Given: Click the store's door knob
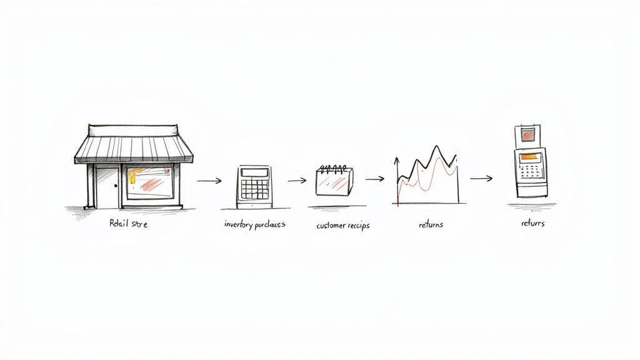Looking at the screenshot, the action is point(116,185).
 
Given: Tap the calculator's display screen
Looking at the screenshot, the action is point(253,172).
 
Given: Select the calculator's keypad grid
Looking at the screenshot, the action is point(253,188).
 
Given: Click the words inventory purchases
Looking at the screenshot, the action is point(254,224).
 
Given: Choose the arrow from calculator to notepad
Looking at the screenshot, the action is point(297,181).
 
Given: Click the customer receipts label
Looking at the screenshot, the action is point(342,225).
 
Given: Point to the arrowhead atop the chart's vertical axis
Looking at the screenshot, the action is point(397,161).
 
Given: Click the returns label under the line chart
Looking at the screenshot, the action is point(431,224).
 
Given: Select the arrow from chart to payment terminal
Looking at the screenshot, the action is point(481,179).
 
